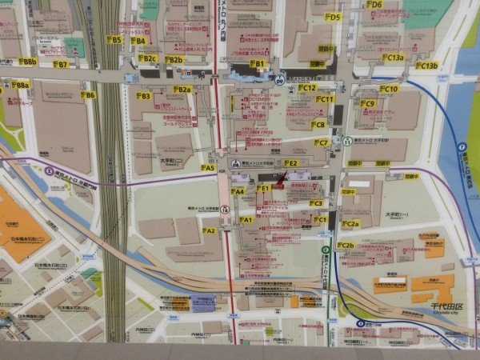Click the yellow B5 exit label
[114, 39]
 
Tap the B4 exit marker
[138, 41]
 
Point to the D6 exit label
[374, 4]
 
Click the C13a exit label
[393, 58]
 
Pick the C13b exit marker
[426, 66]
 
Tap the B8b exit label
[27, 62]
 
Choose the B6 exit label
[88, 94]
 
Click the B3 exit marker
[142, 96]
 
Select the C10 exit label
[389, 89]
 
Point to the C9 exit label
[367, 103]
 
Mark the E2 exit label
[290, 163]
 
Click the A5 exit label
[209, 168]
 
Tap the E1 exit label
[263, 188]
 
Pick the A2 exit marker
[209, 230]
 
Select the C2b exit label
[346, 246]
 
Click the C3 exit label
[316, 203]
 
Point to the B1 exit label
[258, 63]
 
